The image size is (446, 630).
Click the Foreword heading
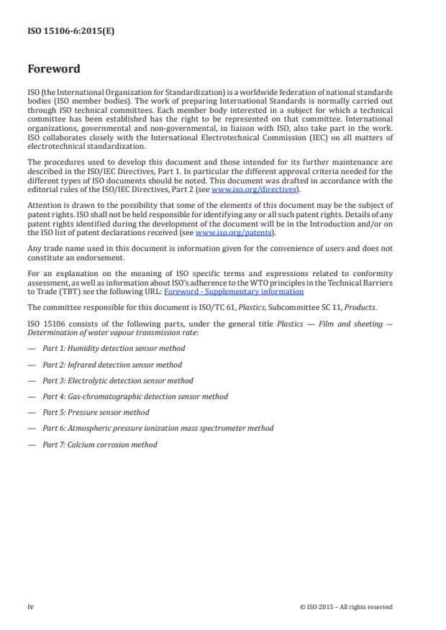(54, 70)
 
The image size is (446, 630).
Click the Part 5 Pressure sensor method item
(96, 412)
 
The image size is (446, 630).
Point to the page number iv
(31, 606)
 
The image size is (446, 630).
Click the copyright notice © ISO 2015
(345, 607)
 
